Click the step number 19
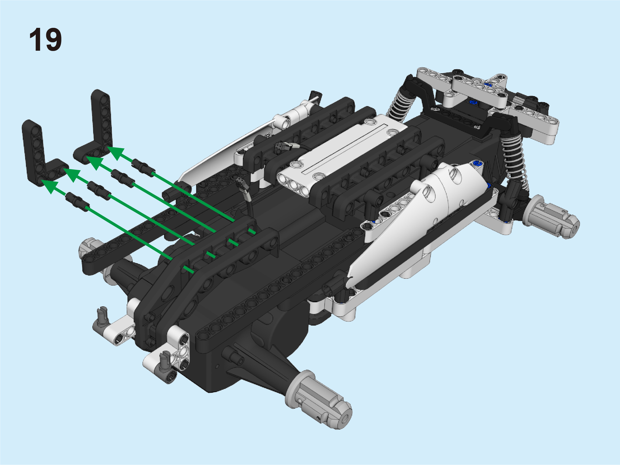pos(45,40)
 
